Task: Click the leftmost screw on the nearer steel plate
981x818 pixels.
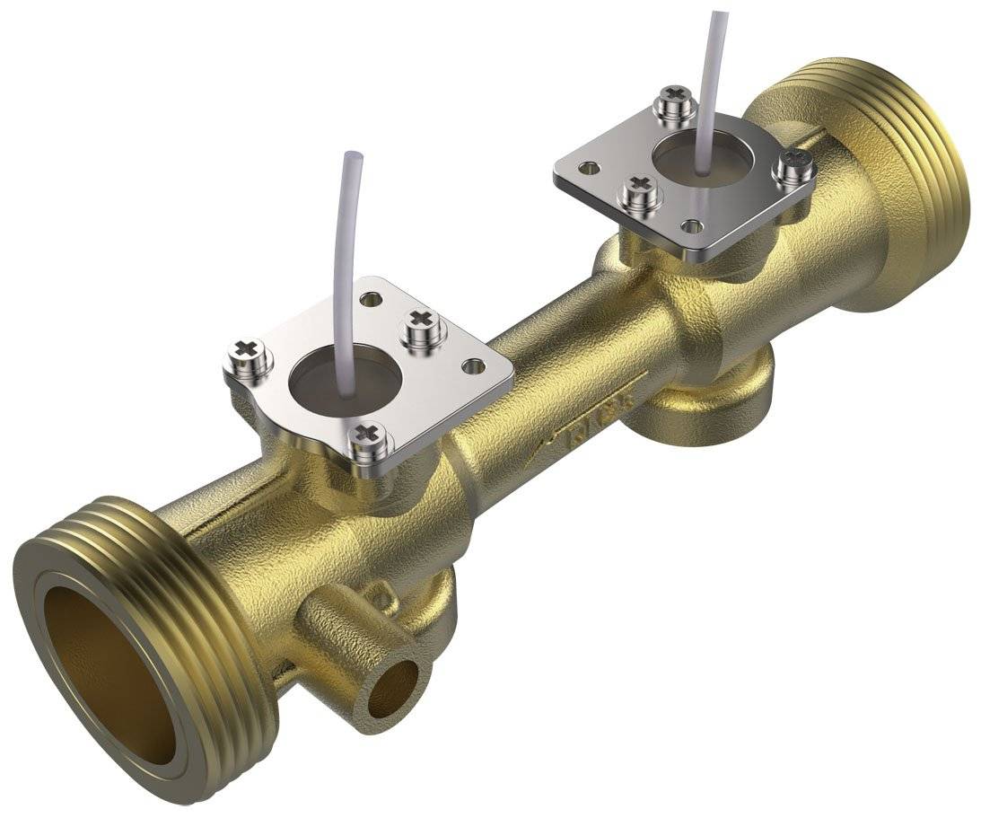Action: (249, 355)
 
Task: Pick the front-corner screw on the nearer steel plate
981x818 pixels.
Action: (368, 440)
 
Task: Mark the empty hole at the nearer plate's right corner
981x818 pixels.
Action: (473, 366)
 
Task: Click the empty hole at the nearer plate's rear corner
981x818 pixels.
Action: (367, 296)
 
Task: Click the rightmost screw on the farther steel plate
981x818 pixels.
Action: (793, 166)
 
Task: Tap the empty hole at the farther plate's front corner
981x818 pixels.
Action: (692, 226)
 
